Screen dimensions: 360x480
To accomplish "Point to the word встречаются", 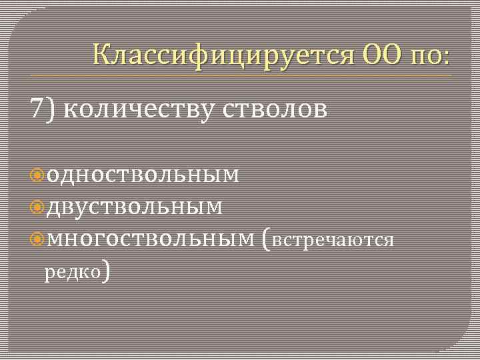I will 333,240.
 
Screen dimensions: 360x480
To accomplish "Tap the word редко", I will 72,271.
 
